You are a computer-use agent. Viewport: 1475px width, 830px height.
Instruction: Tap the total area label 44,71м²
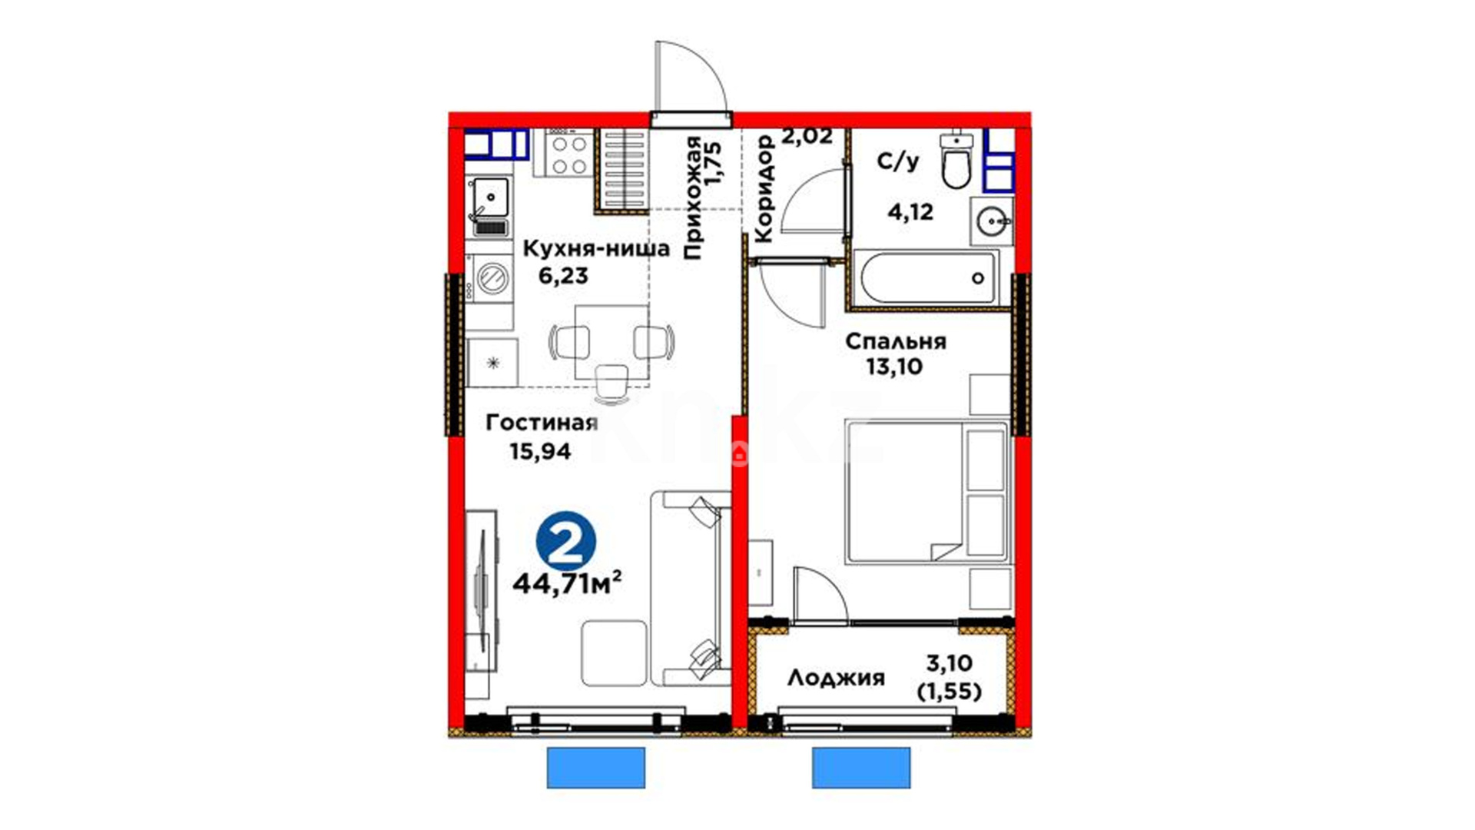[567, 583]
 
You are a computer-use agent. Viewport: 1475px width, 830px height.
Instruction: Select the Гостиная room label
[542, 423]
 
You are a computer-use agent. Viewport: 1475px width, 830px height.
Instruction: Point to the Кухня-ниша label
[596, 248]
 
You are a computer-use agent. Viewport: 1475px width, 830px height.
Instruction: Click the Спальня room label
[896, 341]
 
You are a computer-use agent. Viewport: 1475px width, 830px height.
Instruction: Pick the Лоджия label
[836, 678]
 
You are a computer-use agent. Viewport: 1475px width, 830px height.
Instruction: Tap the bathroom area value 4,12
[910, 211]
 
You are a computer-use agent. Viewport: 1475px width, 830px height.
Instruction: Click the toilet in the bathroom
[956, 161]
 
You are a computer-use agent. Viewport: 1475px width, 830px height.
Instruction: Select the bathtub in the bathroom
[929, 277]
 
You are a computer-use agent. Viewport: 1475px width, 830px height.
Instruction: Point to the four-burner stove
[570, 154]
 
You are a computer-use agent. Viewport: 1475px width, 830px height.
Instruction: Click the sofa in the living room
[691, 589]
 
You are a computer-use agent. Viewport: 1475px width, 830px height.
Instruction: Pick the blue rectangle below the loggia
[861, 768]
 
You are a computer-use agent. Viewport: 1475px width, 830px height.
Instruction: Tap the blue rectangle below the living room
[596, 768]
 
